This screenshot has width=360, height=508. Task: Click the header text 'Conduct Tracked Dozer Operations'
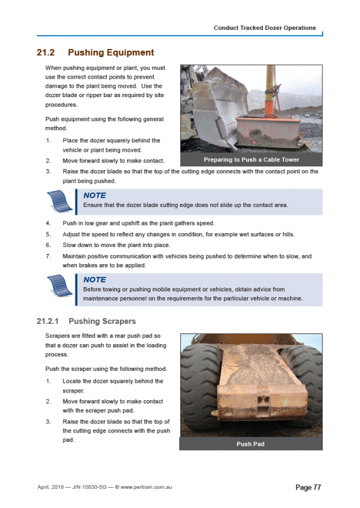coord(264,28)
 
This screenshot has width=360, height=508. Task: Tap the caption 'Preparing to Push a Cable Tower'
coord(251,159)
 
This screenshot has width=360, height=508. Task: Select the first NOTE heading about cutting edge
coord(95,196)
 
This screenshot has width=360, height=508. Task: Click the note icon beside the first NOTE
coord(60,201)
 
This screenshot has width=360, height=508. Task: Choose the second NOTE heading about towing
coord(95,279)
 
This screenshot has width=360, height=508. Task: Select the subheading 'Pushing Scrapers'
coord(102,321)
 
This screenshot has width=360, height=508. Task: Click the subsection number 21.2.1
coord(49,321)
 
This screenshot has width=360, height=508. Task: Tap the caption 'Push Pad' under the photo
coord(250,444)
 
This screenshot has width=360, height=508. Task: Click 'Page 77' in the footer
coord(309,487)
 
